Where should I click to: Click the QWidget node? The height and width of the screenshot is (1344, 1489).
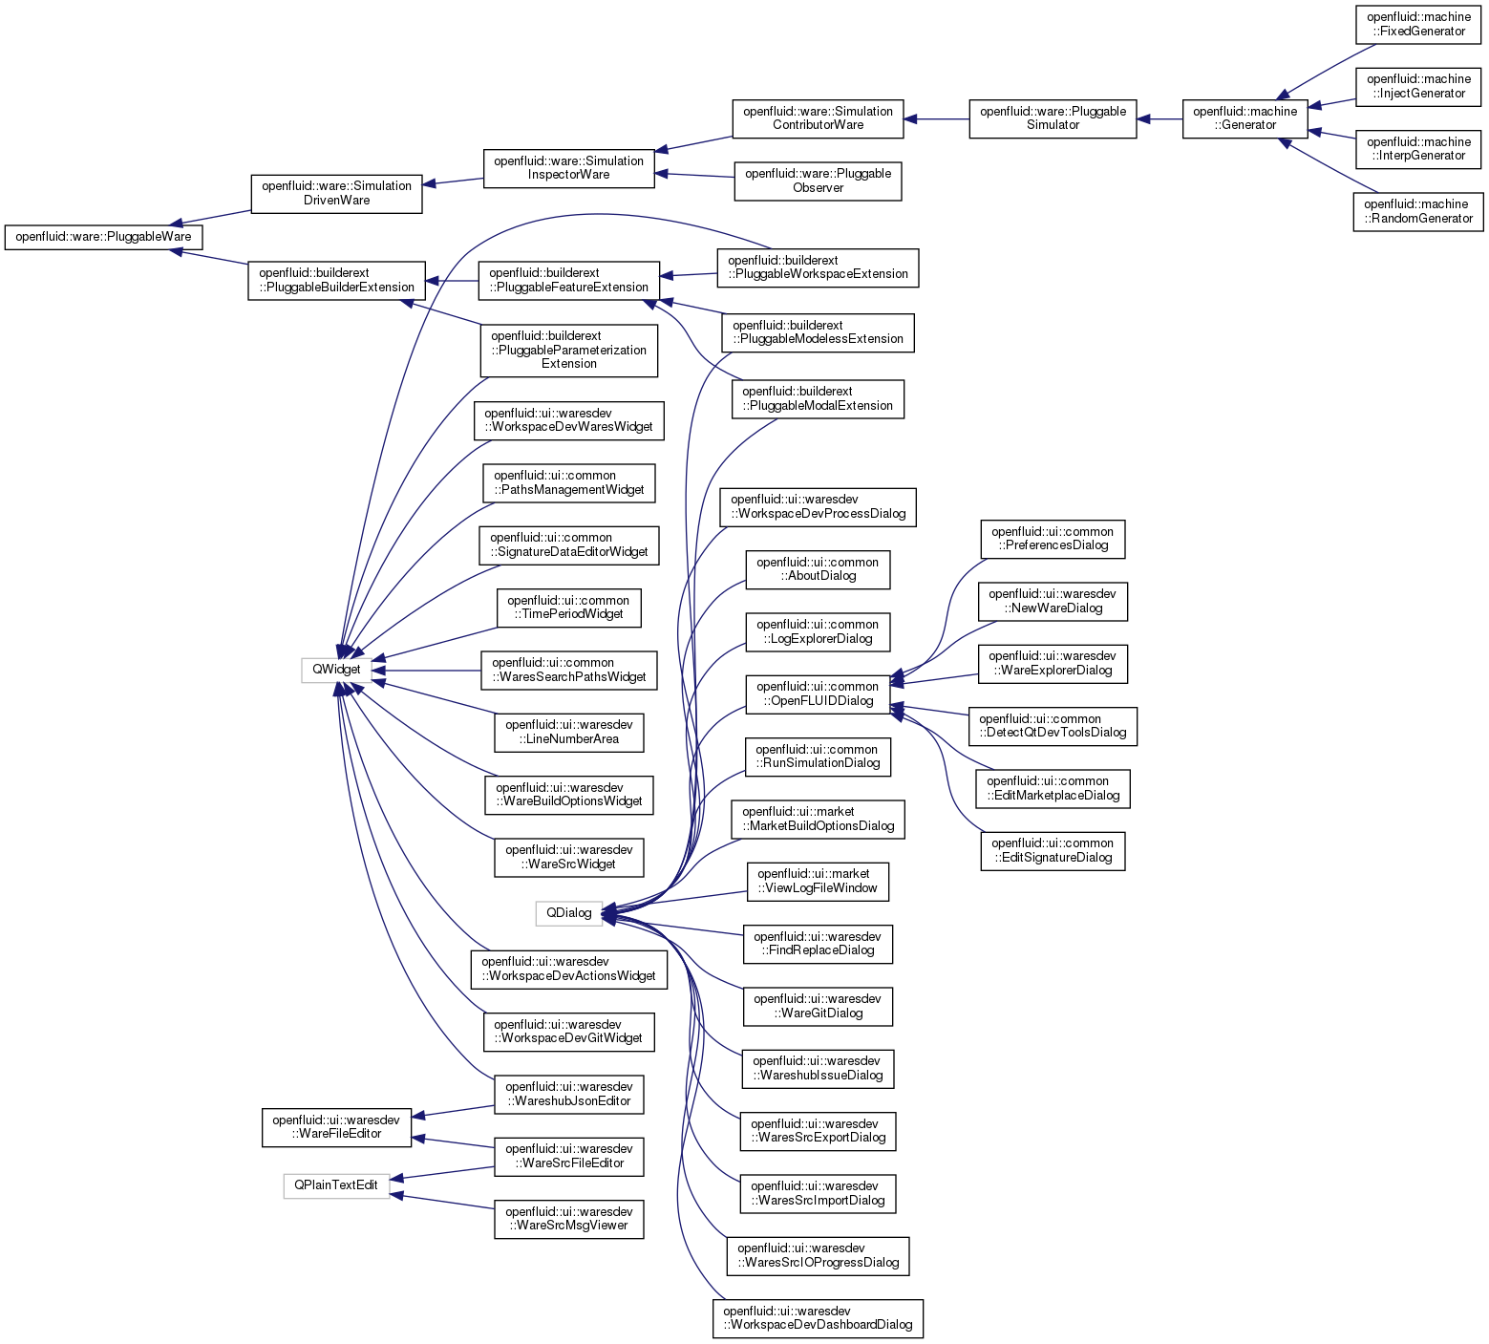click(x=336, y=670)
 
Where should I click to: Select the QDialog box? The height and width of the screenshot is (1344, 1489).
click(x=568, y=913)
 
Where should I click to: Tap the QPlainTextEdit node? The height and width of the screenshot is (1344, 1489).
click(x=336, y=1185)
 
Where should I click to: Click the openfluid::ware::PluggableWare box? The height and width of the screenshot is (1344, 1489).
click(x=103, y=237)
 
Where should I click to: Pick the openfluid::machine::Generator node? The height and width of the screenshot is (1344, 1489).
click(x=1244, y=118)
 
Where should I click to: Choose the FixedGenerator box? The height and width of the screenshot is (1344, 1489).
click(x=1418, y=24)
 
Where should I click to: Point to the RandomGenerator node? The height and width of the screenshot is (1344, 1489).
click(x=1418, y=211)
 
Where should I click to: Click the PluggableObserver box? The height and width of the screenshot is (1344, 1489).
click(x=818, y=181)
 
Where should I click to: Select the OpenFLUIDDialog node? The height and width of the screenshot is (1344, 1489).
click(x=818, y=693)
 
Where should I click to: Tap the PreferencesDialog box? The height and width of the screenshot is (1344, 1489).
click(x=1053, y=539)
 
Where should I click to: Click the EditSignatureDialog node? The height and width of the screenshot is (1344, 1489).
click(x=1053, y=850)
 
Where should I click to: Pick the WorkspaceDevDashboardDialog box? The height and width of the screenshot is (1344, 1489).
click(x=818, y=1318)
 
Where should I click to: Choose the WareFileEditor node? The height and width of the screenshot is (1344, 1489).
click(x=336, y=1127)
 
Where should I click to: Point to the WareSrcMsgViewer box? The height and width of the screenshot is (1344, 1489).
click(x=568, y=1219)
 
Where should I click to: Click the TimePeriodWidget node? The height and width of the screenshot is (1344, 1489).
click(x=568, y=608)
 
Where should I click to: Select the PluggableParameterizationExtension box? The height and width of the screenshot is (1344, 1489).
click(x=568, y=350)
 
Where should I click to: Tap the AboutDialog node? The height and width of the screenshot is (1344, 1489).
click(x=818, y=569)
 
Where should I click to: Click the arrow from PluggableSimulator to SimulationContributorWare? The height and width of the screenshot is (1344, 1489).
click(x=936, y=119)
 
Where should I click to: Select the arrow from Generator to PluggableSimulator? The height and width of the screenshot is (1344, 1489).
click(x=1159, y=119)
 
